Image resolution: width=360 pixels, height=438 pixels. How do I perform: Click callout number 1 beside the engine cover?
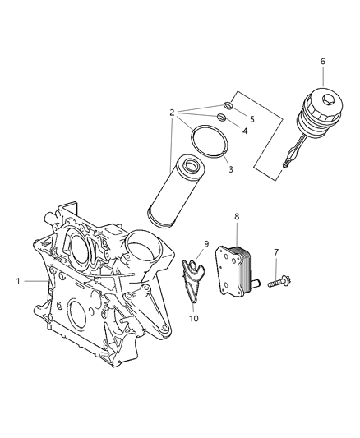(x=18, y=281)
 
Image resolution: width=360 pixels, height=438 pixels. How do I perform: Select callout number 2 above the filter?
(x=173, y=113)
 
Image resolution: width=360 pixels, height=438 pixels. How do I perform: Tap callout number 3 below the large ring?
(x=231, y=169)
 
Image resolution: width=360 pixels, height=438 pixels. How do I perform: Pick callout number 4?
(x=245, y=131)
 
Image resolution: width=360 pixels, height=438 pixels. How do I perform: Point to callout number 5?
(x=252, y=119)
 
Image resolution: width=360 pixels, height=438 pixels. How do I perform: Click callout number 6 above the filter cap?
(x=323, y=61)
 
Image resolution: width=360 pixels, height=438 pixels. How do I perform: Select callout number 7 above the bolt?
(x=276, y=252)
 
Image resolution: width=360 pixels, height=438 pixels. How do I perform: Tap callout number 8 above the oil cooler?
(x=237, y=216)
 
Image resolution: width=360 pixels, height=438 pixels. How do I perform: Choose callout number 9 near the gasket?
(x=206, y=244)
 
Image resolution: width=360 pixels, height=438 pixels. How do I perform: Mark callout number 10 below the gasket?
(x=194, y=318)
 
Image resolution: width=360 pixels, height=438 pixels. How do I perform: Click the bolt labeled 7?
(x=279, y=282)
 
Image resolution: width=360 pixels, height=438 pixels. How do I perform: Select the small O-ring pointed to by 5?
(x=228, y=105)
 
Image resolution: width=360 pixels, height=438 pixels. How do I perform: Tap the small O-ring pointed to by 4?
(x=221, y=117)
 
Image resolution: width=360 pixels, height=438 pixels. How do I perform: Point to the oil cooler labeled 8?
(x=233, y=271)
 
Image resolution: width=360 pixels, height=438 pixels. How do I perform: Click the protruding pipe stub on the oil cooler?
(x=255, y=283)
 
